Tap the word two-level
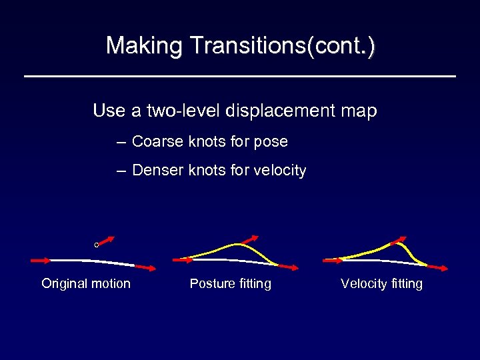tap(183, 111)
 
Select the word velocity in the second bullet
tap(280, 171)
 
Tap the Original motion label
tap(86, 283)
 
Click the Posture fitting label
tap(231, 283)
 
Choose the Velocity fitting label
tap(381, 283)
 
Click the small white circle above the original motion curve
tap(97, 245)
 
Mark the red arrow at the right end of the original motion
tap(147, 267)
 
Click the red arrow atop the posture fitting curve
tap(252, 241)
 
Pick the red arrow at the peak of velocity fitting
tap(399, 240)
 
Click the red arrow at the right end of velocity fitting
tap(437, 267)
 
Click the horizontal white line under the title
tap(240, 77)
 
